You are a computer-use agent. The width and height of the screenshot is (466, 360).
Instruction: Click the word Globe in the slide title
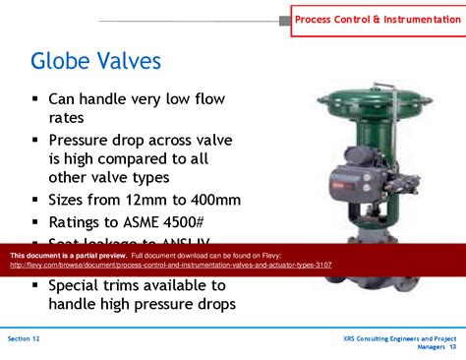tap(66, 61)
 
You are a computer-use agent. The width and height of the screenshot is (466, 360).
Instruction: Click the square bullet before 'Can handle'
tap(34, 98)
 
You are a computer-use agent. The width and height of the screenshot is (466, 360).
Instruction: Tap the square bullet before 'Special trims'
tap(34, 285)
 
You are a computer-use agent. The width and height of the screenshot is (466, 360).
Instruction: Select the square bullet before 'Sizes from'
tap(34, 200)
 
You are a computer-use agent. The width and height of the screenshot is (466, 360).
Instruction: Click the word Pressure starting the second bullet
tap(83, 139)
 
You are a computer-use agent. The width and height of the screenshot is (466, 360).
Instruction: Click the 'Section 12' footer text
tap(24, 337)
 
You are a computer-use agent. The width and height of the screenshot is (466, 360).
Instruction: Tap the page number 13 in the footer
tap(453, 347)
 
